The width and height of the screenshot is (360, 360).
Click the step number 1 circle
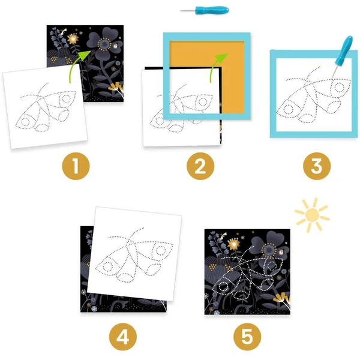76,166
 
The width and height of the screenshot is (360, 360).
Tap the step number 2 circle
200,166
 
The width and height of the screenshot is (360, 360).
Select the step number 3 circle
317,166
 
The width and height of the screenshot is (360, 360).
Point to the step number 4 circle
123,337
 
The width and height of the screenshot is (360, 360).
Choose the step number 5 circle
247,337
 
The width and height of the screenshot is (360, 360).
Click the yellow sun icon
312,215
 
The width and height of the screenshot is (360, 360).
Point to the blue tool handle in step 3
344,51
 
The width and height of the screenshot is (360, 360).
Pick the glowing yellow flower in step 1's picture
73,39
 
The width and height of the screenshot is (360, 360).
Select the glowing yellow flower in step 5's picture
234,244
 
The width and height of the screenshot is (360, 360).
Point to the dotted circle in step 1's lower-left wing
25,122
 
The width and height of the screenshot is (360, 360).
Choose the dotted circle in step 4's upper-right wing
161,250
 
